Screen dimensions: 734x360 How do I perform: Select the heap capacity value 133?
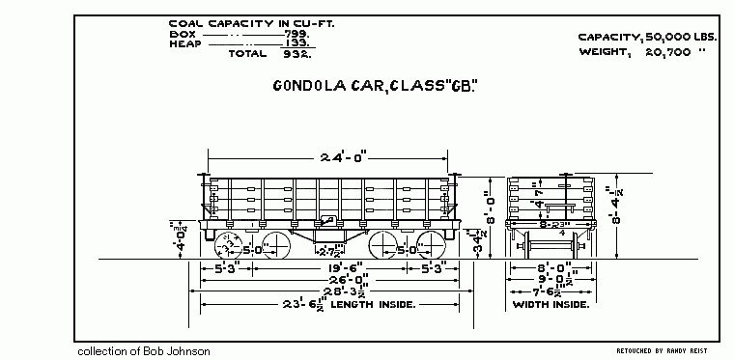point(296,43)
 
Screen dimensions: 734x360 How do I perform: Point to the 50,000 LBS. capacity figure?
point(671,37)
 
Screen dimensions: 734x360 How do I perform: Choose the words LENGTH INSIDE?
point(374,305)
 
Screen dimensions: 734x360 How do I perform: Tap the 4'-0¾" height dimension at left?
point(180,236)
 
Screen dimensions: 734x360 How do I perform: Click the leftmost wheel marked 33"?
point(226,242)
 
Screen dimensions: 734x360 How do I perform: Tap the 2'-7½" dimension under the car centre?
point(330,254)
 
